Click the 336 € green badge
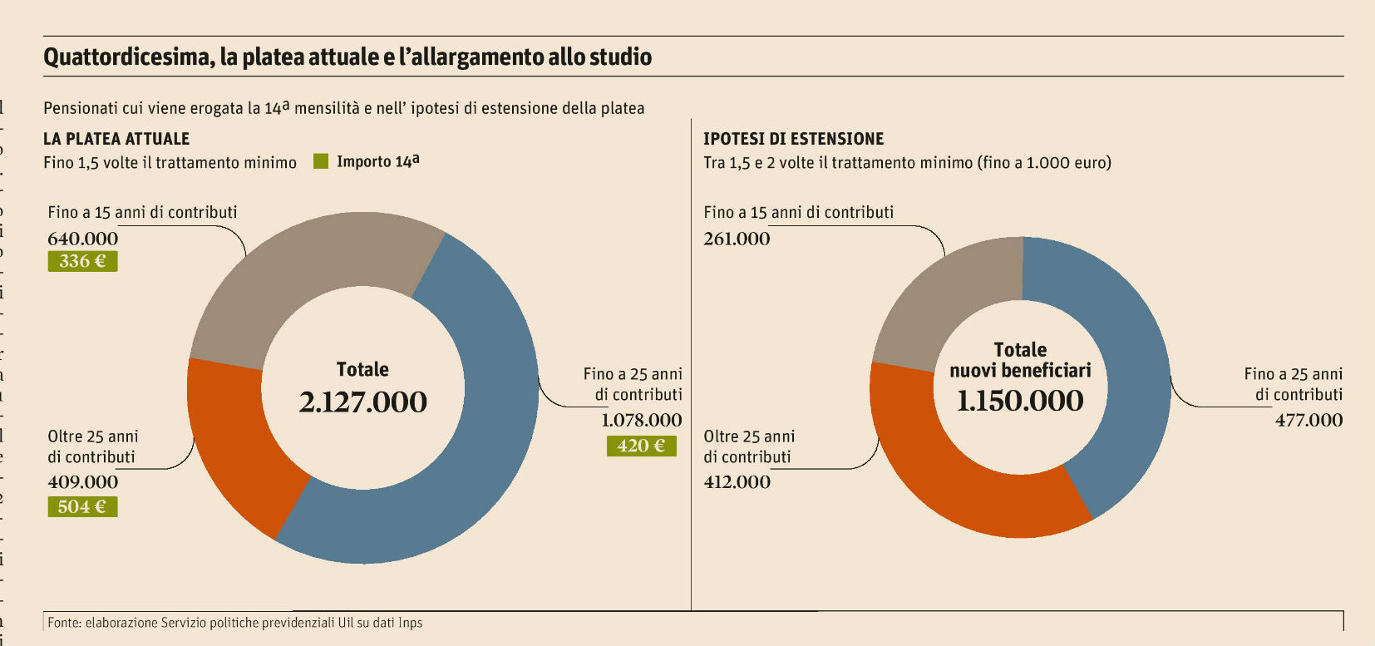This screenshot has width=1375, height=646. pos(82,261)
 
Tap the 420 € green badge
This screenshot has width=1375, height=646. pos(641,446)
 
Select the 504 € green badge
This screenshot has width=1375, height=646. pos(82,506)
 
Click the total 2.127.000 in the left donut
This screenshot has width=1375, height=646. pos(362,402)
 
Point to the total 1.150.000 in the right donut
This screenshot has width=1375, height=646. pos(1020,401)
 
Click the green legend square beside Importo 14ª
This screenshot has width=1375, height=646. pos(321,161)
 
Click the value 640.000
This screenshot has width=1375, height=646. pos(82,239)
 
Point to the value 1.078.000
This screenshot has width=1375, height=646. pos(641,420)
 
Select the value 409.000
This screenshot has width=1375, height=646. pos(82,482)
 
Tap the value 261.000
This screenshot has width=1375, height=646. pos(737,239)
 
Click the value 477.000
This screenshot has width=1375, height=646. pos(1308,420)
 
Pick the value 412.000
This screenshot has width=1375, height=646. pos(737,482)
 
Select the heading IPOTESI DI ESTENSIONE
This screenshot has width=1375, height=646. pos(793,139)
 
